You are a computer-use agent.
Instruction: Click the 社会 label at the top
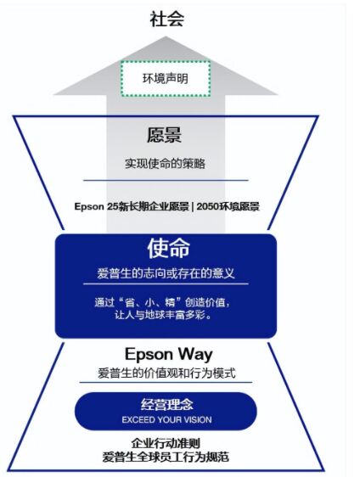pyautogui.click(x=166, y=19)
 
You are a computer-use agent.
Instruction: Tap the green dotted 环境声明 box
pyautogui.click(x=166, y=79)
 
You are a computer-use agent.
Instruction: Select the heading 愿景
pyautogui.click(x=165, y=135)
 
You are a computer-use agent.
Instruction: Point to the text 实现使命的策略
pyautogui.click(x=166, y=164)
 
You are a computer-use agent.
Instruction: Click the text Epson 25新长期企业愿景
pyautogui.click(x=132, y=206)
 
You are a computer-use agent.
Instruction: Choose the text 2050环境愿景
pyautogui.click(x=228, y=206)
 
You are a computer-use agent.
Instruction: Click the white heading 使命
pyautogui.click(x=169, y=248)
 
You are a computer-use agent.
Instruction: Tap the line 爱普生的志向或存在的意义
pyautogui.click(x=166, y=273)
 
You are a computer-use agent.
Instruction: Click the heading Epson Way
pyautogui.click(x=169, y=355)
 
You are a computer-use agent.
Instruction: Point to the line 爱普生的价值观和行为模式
pyautogui.click(x=166, y=373)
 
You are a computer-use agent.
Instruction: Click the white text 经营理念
pyautogui.click(x=166, y=404)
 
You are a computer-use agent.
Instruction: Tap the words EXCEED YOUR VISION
pyautogui.click(x=166, y=420)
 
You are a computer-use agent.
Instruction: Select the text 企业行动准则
pyautogui.click(x=166, y=443)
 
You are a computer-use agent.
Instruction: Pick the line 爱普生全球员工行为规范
pyautogui.click(x=166, y=457)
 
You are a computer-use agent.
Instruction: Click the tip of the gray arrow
pyautogui.click(x=166, y=36)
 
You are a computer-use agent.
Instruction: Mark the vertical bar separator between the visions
pyautogui.click(x=193, y=206)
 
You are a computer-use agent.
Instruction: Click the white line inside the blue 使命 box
pyautogui.click(x=166, y=283)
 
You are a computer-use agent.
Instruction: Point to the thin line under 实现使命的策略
pyautogui.click(x=166, y=180)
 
